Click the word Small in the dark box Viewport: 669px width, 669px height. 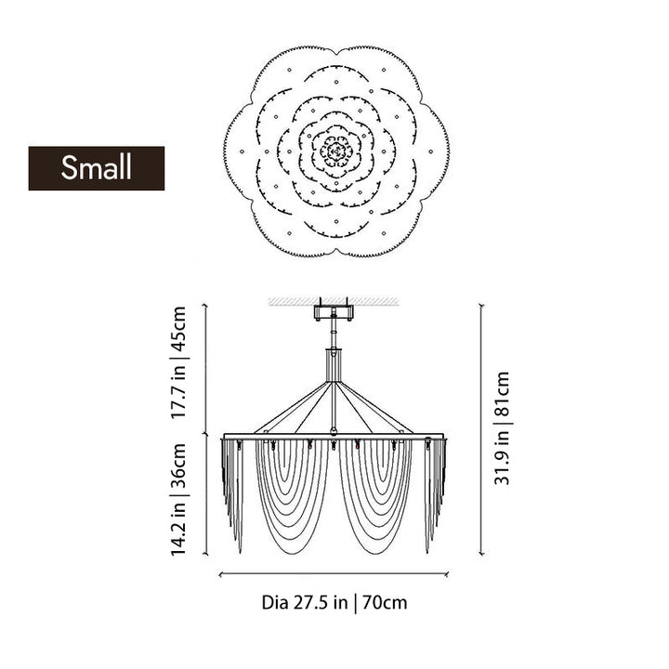[96, 167]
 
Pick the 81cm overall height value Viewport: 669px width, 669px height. [502, 394]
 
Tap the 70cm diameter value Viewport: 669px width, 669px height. [385, 603]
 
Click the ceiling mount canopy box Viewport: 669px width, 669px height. [334, 312]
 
